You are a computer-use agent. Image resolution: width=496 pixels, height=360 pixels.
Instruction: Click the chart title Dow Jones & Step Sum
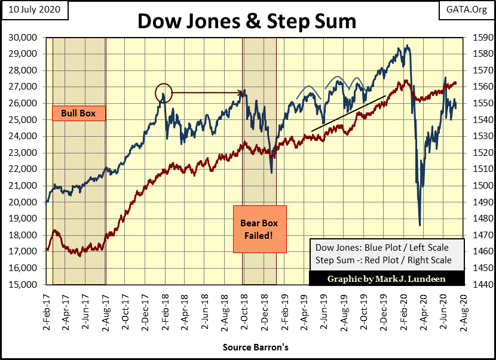pos(247,21)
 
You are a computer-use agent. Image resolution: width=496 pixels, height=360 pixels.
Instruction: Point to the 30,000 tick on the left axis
pos(25,37)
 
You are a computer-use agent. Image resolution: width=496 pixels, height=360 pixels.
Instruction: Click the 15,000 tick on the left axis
pos(25,285)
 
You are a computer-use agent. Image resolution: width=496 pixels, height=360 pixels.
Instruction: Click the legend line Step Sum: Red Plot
pos(381,260)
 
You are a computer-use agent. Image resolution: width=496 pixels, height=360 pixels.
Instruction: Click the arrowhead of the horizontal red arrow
pos(243,93)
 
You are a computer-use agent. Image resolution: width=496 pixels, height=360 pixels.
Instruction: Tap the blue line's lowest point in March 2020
pos(420,225)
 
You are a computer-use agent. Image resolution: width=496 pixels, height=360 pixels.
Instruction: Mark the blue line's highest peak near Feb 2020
pos(407,45)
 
